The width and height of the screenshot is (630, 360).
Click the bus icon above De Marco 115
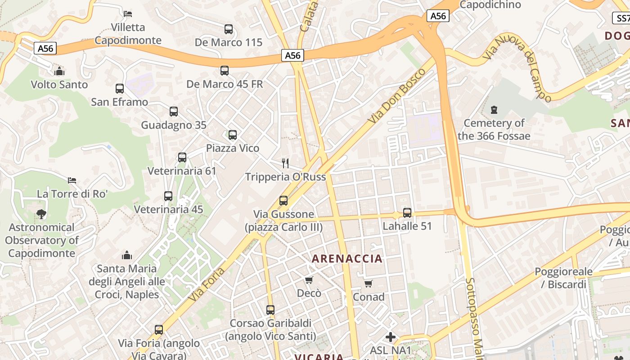pyautogui.click(x=229, y=29)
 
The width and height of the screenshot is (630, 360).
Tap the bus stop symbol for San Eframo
pyautogui.click(x=120, y=89)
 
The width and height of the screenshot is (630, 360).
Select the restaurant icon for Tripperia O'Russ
pyautogui.click(x=285, y=163)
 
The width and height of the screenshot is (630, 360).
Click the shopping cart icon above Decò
pyautogui.click(x=309, y=280)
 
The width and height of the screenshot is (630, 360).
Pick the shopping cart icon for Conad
pyautogui.click(x=369, y=283)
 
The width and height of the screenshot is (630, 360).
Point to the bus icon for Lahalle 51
pyautogui.click(x=407, y=213)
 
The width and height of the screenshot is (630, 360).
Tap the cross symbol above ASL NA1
pyautogui.click(x=391, y=337)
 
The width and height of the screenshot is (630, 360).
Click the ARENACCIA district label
pyautogui.click(x=347, y=259)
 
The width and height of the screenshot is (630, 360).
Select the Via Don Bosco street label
pyautogui.click(x=396, y=97)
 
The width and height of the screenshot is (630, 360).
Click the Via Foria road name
pyautogui.click(x=207, y=285)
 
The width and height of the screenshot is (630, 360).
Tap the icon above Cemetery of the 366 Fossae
pyautogui.click(x=494, y=110)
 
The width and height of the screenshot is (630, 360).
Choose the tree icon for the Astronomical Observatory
pyautogui.click(x=41, y=214)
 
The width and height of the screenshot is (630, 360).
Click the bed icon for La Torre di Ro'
pyautogui.click(x=72, y=180)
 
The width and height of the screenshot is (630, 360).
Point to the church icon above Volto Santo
pyautogui.click(x=59, y=71)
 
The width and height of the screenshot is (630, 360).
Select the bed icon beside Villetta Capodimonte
pyautogui.click(x=128, y=14)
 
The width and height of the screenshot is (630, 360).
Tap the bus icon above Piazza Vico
pyautogui.click(x=233, y=135)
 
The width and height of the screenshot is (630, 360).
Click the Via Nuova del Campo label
pyautogui.click(x=517, y=68)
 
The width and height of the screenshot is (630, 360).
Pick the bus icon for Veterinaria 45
pyautogui.click(x=168, y=196)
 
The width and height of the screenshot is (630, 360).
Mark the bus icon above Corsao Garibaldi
pyautogui.click(x=270, y=310)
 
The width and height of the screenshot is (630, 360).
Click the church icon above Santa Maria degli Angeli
pyautogui.click(x=127, y=256)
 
